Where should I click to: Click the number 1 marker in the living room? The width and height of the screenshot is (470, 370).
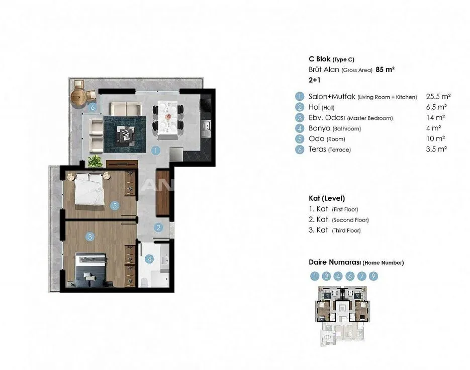pos(155,151)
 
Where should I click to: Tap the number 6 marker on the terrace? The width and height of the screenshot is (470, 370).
pos(92,107)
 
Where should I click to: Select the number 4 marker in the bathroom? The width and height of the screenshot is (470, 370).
pos(149,259)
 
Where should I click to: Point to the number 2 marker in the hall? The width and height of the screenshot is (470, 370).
pos(158,228)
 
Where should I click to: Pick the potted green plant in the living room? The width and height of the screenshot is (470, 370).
pos(95,161)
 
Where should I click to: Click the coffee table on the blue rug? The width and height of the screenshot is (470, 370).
pos(125,134)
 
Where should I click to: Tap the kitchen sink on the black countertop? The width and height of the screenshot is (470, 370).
pos(206,126)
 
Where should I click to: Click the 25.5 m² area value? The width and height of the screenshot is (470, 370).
pos(438,96)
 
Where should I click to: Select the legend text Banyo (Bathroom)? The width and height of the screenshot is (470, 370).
pos(334,128)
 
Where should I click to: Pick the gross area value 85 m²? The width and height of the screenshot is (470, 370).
pos(385,69)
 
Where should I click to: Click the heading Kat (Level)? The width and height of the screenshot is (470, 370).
pos(327,198)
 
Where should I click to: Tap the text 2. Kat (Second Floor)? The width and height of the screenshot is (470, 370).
pos(339,219)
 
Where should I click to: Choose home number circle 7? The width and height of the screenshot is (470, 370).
pos(361,276)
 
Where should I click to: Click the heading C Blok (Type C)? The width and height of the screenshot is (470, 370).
pos(332,59)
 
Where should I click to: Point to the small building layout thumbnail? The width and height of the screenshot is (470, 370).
pos(342,316)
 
